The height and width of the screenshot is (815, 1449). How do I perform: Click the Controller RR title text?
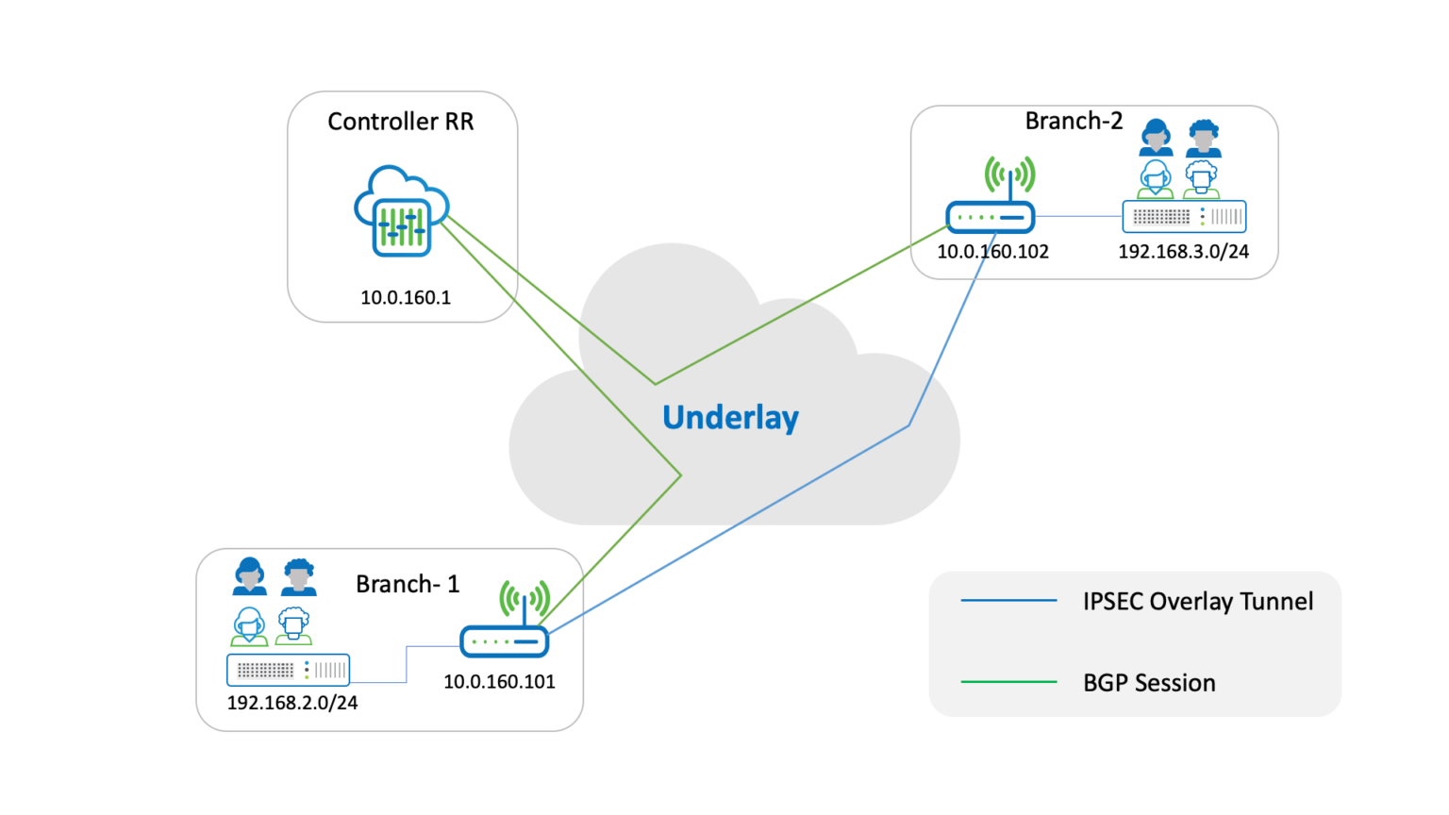(x=400, y=122)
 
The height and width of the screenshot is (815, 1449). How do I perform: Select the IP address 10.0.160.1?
(x=406, y=298)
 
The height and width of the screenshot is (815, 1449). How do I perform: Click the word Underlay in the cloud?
(x=730, y=417)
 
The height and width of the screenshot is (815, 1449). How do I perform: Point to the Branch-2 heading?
(x=1074, y=122)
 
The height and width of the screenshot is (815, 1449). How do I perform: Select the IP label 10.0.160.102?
(x=992, y=252)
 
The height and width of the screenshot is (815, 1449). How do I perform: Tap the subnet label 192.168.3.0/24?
(x=1183, y=252)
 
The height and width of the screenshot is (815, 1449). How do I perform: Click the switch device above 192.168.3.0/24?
(x=1184, y=217)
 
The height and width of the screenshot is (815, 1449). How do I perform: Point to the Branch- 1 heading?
(x=408, y=585)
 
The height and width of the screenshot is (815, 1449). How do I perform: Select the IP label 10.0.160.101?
(x=499, y=682)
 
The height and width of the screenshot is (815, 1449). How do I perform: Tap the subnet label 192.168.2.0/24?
(x=292, y=703)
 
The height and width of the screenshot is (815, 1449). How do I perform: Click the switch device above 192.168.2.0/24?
(x=289, y=670)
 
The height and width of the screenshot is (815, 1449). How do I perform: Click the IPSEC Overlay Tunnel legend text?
(x=1198, y=602)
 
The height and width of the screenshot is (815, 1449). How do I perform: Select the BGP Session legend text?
(x=1149, y=683)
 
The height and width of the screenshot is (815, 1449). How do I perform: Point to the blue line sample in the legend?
(x=1008, y=600)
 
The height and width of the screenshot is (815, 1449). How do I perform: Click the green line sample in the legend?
(x=1008, y=681)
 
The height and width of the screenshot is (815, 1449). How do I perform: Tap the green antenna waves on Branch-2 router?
(x=1009, y=175)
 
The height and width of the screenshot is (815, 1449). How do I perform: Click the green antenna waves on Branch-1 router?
(x=525, y=599)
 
